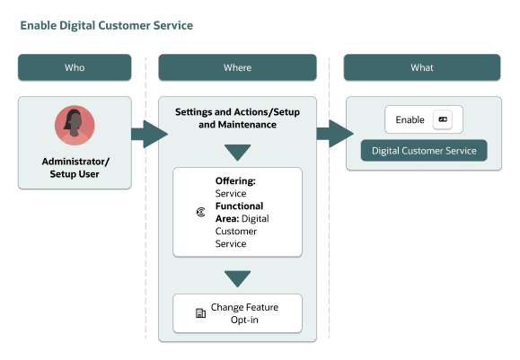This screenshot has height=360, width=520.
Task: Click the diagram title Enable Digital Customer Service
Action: coord(106,25)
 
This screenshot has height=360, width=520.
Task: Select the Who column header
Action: coord(75,67)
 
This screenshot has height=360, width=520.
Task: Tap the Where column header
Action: coord(237,67)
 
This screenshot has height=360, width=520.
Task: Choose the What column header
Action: coord(421,67)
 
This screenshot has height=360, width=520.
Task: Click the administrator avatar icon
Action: coord(75,126)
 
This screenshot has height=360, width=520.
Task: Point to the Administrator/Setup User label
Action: coord(75,168)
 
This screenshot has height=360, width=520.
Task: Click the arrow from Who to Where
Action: coord(149,136)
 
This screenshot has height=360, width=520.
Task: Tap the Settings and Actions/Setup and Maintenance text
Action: coord(237,119)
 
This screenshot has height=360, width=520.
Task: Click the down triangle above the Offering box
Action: coord(237,153)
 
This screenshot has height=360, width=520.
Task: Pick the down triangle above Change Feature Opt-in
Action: coord(237,278)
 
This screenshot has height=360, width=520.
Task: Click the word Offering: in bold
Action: coord(235,180)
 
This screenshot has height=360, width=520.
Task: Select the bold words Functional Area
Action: coord(239,212)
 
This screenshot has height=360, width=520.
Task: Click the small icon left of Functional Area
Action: coord(200,212)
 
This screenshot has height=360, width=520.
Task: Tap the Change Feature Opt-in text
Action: coord(244,313)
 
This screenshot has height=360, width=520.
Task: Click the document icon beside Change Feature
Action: coord(200,313)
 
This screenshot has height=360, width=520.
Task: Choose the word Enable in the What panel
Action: coord(410,119)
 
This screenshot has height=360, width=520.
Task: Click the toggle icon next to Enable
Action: coord(442,119)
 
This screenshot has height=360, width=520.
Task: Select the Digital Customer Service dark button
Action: coord(424,150)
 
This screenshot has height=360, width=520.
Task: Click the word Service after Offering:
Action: coord(230,193)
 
